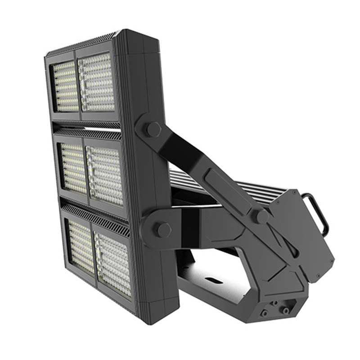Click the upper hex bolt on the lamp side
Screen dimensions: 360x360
pyautogui.click(x=153, y=130)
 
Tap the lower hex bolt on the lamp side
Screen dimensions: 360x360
pyautogui.click(x=163, y=229)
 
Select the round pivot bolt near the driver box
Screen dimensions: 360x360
pyautogui.click(x=261, y=216)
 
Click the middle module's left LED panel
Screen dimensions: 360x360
pyautogui.click(x=73, y=169)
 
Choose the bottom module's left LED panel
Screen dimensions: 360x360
pyautogui.click(x=81, y=247)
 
